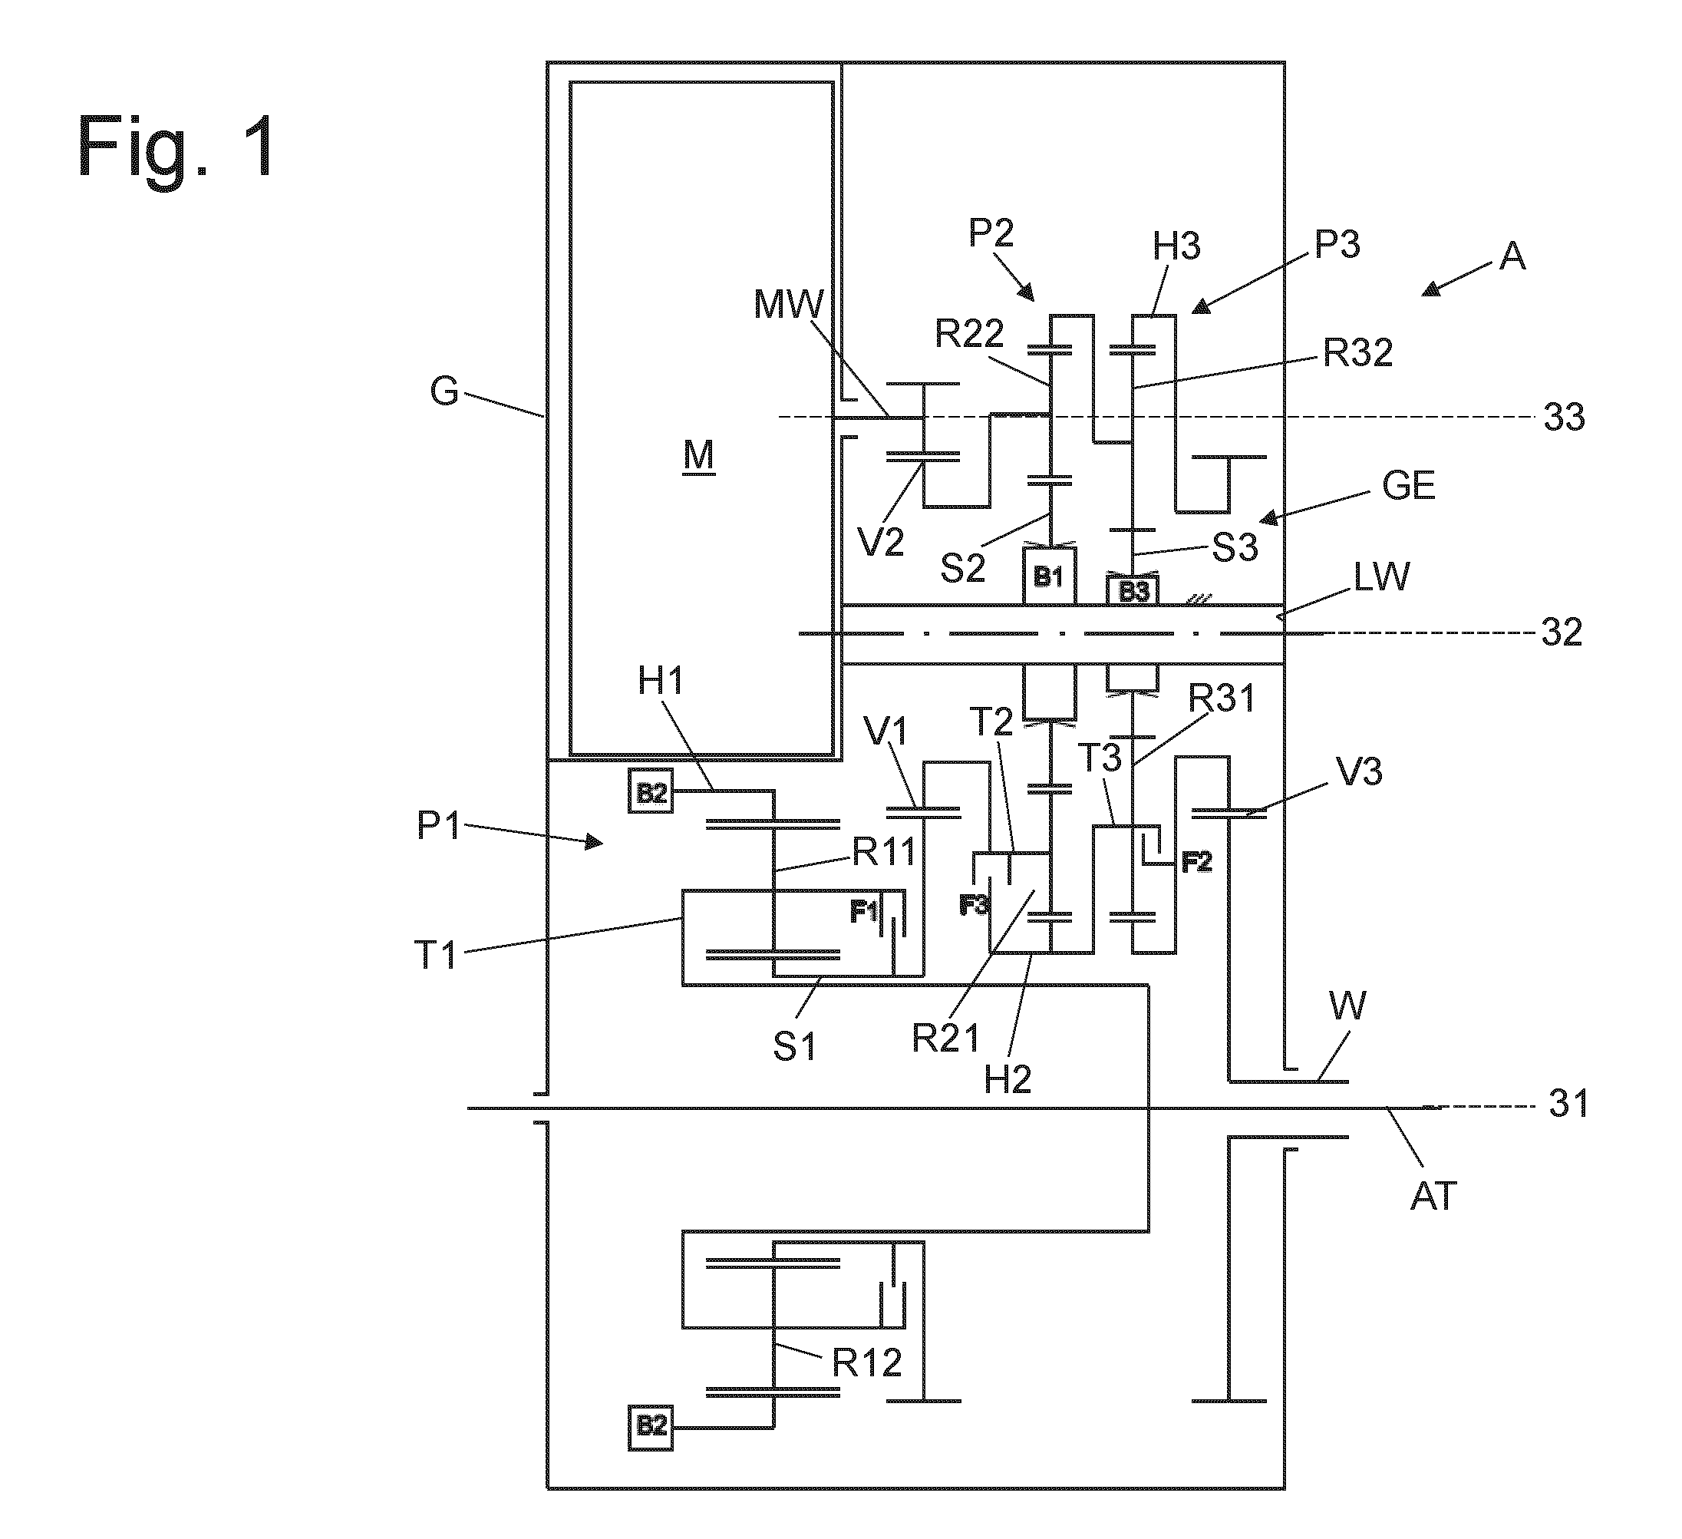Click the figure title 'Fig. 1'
tap(177, 146)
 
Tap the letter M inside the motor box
tap(699, 456)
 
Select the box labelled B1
tap(1050, 575)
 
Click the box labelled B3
tap(1134, 591)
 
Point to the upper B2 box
tap(651, 791)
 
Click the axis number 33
tap(1564, 418)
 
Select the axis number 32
tap(1562, 632)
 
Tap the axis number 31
tap(1568, 1105)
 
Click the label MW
tap(789, 305)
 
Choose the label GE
tap(1408, 486)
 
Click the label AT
tap(1433, 1197)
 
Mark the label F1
tap(864, 912)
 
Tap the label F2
tap(1197, 864)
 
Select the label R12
tap(868, 1363)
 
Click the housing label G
tap(444, 391)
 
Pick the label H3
tap(1176, 247)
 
